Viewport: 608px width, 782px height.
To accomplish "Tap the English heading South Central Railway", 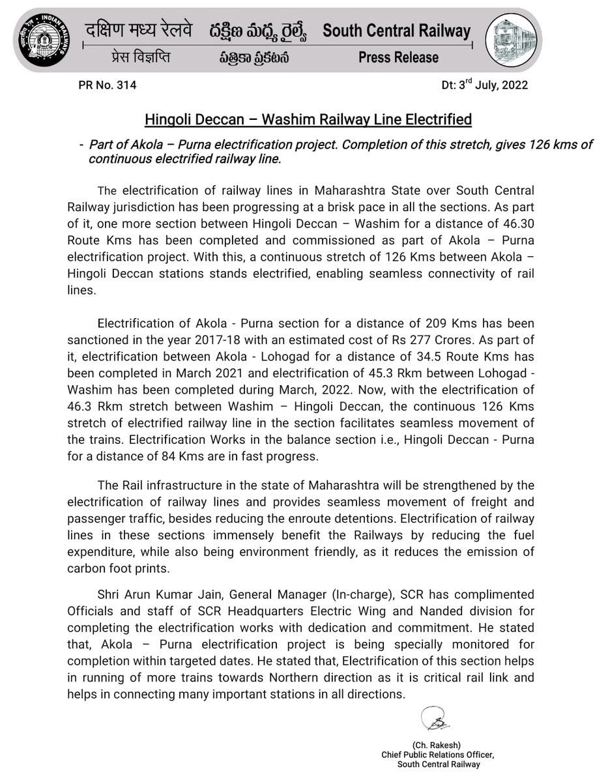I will pos(396,30).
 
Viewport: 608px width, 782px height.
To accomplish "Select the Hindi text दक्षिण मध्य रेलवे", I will pos(139,30).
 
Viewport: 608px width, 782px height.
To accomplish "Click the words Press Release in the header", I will pos(398,58).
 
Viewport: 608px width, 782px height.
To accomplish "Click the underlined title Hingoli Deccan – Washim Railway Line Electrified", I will pos(308,120).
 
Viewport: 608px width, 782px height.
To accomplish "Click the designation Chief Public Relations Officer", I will pos(438,755).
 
